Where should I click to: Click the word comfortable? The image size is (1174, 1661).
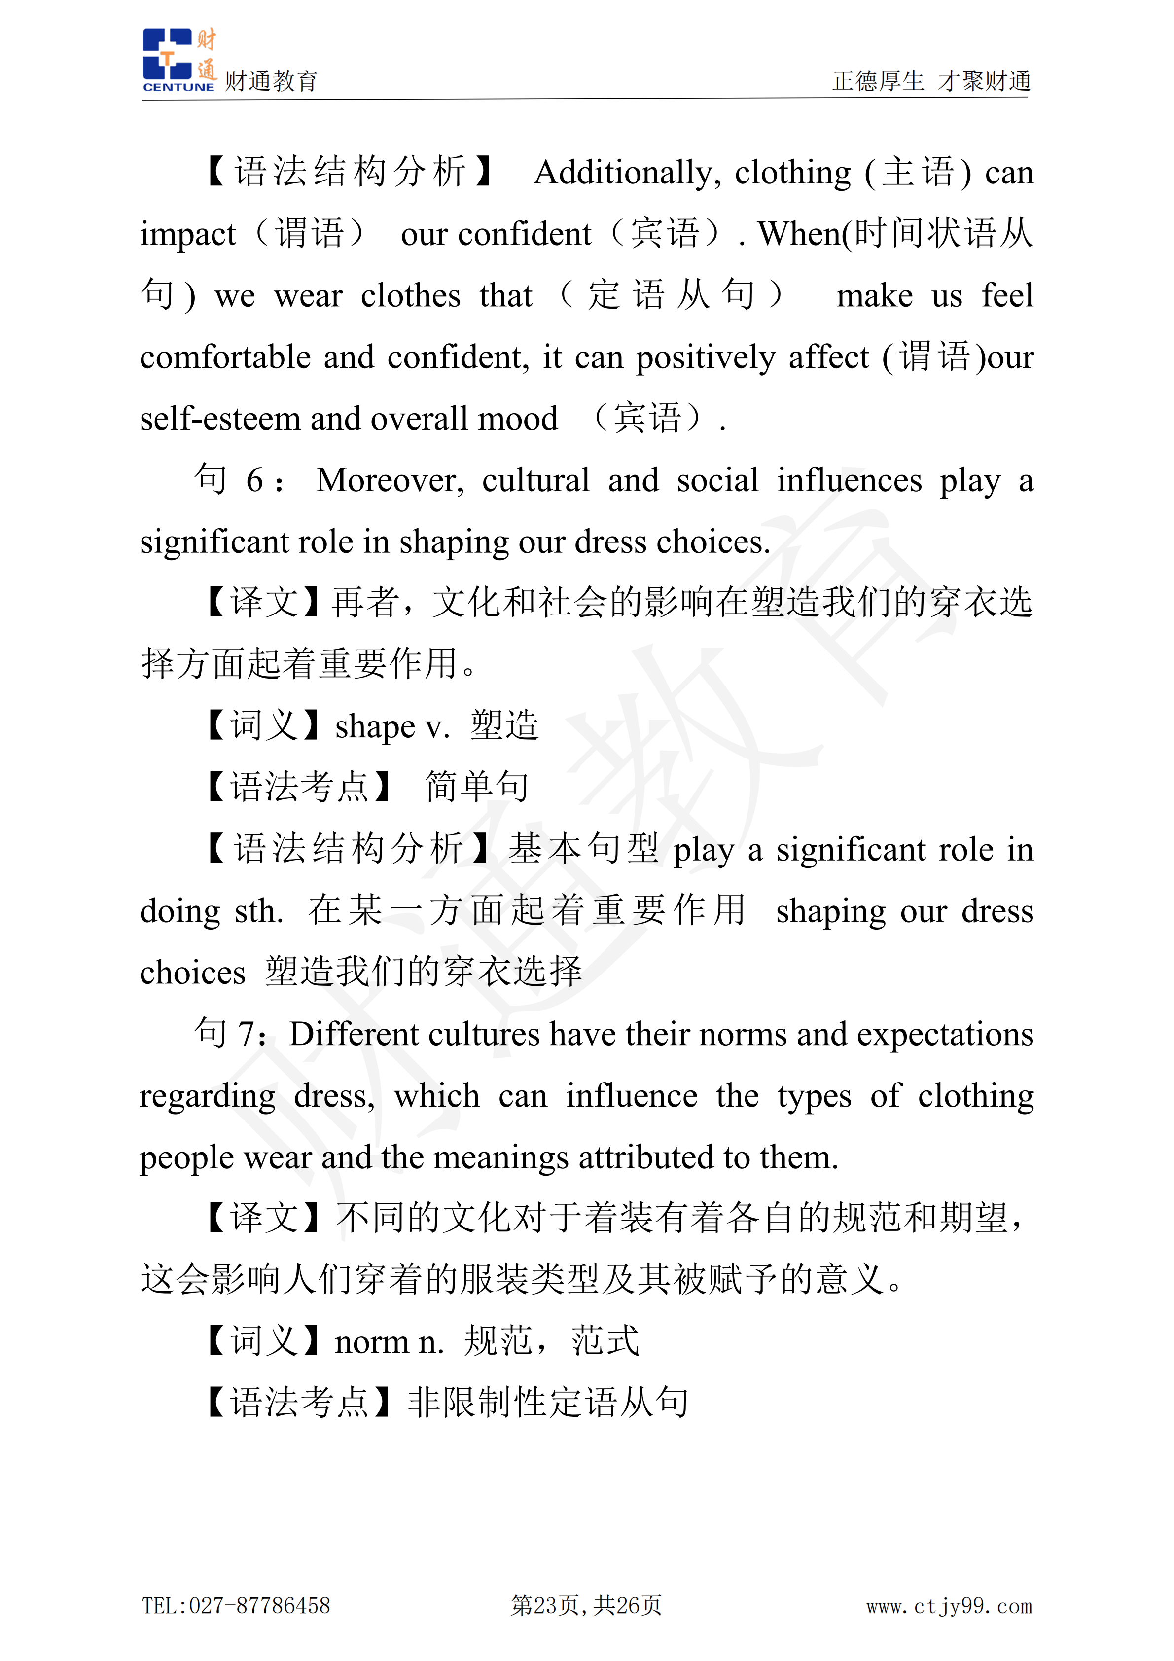tap(225, 358)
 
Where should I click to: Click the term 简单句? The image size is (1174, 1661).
tap(477, 788)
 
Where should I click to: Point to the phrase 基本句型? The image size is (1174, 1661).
tap(583, 849)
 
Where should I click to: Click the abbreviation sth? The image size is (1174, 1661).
tap(258, 911)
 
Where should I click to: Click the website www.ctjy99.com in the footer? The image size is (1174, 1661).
tap(949, 1606)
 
